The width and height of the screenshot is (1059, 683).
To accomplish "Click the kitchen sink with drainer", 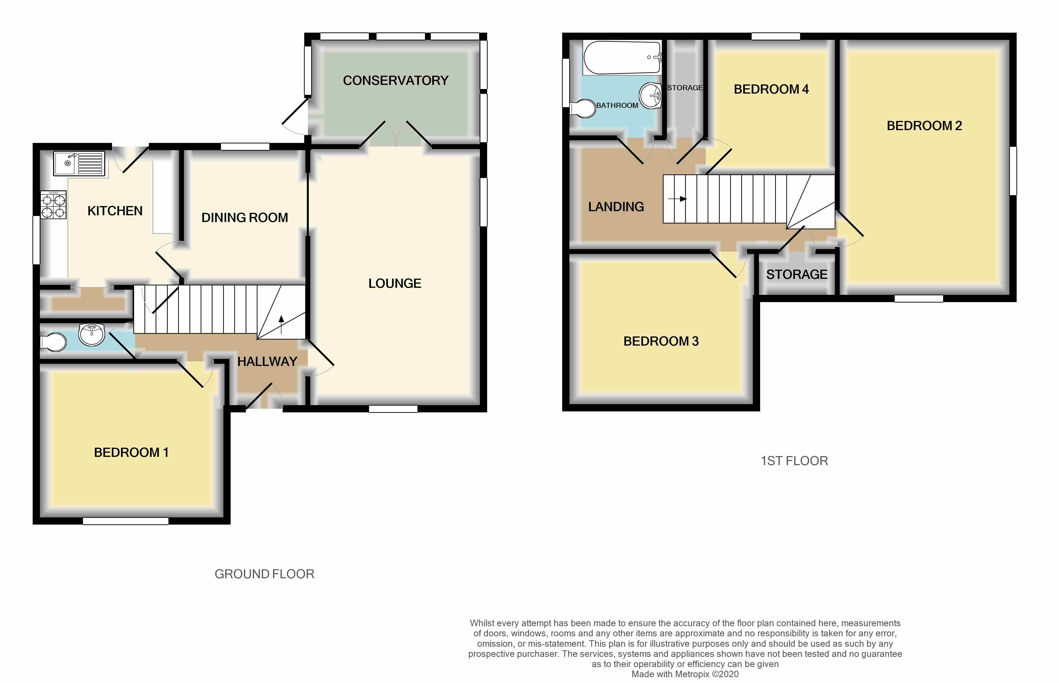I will tap(79, 163).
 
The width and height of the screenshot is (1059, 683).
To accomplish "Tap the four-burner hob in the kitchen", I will tap(53, 205).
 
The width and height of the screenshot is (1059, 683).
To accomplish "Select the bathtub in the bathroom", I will tap(622, 58).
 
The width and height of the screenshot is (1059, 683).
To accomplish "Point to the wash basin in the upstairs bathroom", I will tap(651, 95).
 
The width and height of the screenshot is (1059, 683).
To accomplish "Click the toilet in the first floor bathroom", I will tap(582, 108).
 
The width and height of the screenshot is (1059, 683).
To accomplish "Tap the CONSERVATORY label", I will tap(395, 81).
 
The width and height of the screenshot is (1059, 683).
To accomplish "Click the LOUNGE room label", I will tap(394, 283).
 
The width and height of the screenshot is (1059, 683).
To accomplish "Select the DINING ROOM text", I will tap(244, 218).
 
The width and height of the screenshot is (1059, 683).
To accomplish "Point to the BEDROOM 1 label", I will tap(131, 452).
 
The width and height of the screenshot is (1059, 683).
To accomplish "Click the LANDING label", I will tap(616, 207).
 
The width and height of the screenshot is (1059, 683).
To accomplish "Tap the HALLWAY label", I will tap(267, 362).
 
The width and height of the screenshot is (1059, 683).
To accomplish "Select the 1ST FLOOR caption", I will tap(794, 461).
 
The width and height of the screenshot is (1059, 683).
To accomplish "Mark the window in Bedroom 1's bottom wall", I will tap(126, 521).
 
